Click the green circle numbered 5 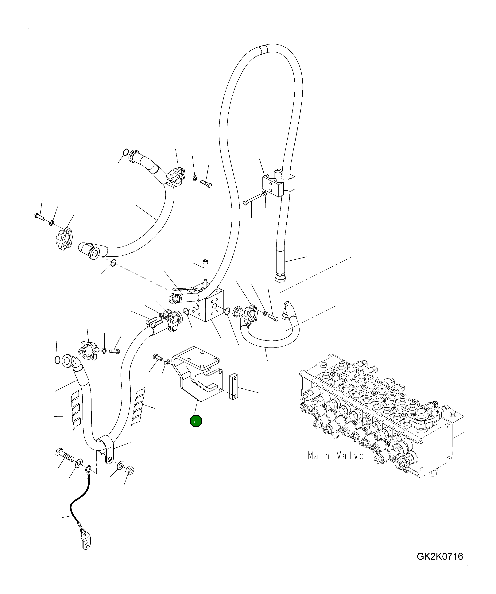pyautogui.click(x=196, y=421)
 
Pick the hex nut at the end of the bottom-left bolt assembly pyautogui.click(x=130, y=470)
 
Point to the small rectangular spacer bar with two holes pyautogui.click(x=233, y=387)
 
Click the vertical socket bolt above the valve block pyautogui.click(x=205, y=273)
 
